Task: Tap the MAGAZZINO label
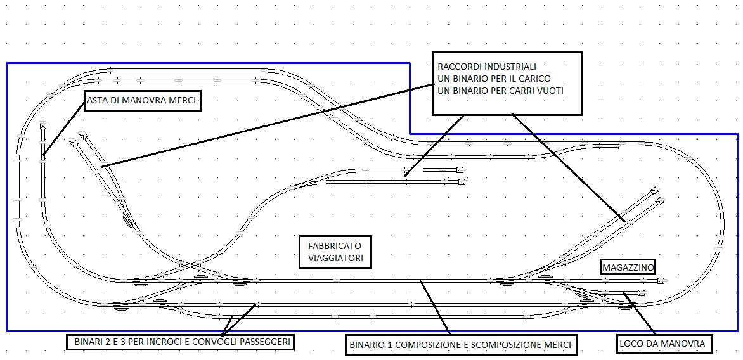(x=628, y=267)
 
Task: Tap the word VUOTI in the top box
(x=548, y=91)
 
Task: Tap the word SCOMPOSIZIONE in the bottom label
(x=507, y=346)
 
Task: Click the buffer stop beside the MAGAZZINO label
(x=661, y=280)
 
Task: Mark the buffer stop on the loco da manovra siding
(x=642, y=292)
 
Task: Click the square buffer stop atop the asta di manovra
(x=42, y=125)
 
